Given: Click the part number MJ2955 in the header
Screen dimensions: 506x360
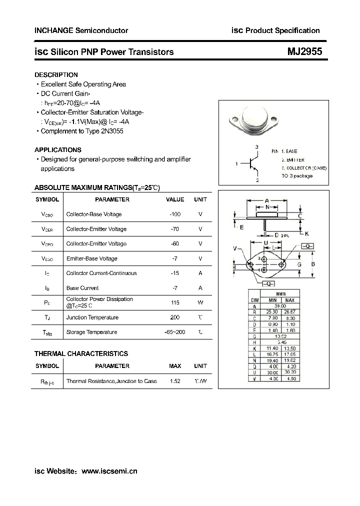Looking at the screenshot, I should tap(304, 51).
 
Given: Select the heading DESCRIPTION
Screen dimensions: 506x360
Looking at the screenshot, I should tap(56, 75).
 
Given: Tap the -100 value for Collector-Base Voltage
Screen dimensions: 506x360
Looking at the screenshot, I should tap(175, 214).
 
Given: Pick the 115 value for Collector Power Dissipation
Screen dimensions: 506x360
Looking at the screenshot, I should tap(175, 302).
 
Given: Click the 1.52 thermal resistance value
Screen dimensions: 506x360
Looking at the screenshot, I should tap(175, 381).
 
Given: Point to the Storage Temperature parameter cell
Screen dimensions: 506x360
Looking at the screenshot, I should tap(91, 332).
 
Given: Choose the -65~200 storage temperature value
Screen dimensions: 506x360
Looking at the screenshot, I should tap(175, 332).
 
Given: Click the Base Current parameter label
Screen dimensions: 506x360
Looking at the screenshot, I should tap(82, 288).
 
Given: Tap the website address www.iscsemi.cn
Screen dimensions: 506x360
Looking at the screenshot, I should tap(109, 471).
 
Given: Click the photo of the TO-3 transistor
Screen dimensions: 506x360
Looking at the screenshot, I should tap(254, 120).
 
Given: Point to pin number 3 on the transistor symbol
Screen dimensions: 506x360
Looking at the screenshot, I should tap(256, 147).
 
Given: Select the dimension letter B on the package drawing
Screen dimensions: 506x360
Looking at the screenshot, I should tap(313, 264).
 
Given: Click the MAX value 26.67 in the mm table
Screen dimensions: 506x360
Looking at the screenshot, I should tap(290, 312).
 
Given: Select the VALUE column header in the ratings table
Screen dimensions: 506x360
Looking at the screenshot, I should tap(175, 199).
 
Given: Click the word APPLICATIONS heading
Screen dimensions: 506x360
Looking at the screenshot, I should tap(57, 150).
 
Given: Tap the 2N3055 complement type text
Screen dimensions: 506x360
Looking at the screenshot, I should tap(111, 131).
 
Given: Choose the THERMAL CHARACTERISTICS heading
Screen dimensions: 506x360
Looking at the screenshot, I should tap(81, 353).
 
